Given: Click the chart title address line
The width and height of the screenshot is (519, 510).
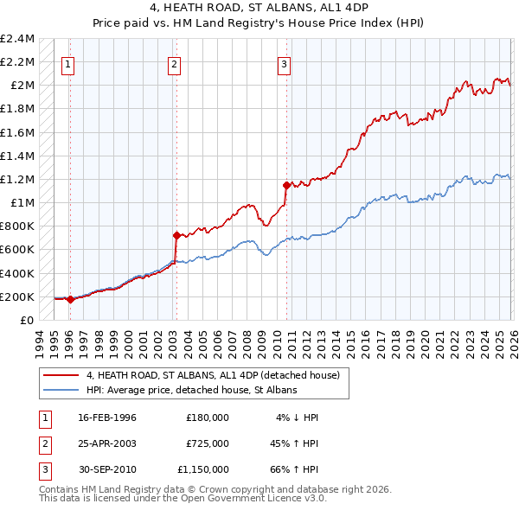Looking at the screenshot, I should [259, 8].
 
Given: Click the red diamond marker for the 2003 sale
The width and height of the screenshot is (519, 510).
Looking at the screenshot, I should [176, 235].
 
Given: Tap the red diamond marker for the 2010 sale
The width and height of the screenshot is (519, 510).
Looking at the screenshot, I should [285, 184].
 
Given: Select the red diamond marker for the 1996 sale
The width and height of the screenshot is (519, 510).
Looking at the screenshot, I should [70, 299].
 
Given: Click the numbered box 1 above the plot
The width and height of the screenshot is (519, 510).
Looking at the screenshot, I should [67, 63].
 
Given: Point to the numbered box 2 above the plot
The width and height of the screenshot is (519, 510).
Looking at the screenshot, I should [174, 63].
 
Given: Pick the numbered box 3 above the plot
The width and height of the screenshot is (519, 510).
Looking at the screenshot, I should [283, 63].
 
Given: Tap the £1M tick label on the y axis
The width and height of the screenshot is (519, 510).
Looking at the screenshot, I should [22, 203].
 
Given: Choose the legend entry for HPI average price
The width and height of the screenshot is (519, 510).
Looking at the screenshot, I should [191, 390].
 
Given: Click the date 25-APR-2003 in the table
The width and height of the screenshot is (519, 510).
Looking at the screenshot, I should [107, 443].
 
